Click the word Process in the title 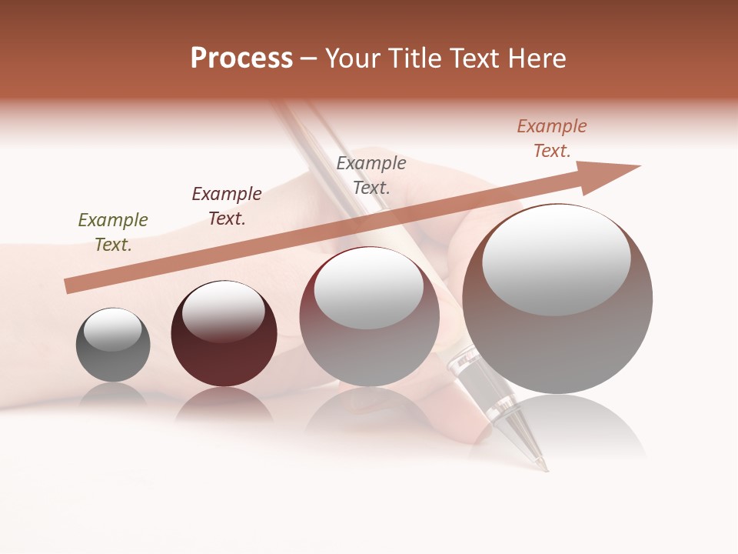241,58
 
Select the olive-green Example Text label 113,232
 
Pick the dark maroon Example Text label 227,206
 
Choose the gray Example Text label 371,175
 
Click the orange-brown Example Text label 552,138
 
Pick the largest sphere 557,331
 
